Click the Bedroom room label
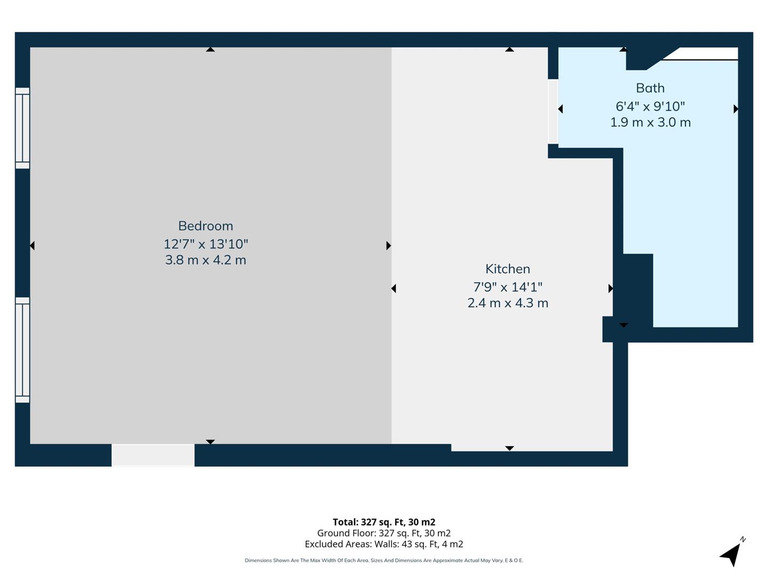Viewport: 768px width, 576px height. click(205, 226)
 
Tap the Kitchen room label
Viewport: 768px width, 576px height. click(507, 269)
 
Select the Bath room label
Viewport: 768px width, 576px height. click(650, 88)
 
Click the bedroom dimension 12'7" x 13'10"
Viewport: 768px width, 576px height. click(205, 244)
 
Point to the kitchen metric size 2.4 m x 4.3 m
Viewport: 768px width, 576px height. click(507, 303)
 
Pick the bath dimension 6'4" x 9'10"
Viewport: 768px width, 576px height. click(650, 106)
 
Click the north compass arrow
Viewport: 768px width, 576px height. click(732, 554)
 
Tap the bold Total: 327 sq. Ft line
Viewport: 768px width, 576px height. click(384, 522)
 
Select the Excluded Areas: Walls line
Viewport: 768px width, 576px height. click(384, 544)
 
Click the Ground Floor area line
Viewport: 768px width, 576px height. click(384, 533)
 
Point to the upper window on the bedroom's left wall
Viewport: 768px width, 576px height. click(22, 128)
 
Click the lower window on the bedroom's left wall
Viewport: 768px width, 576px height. click(22, 350)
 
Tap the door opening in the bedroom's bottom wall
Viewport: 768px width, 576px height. click(153, 455)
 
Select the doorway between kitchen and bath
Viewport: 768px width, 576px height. click(553, 111)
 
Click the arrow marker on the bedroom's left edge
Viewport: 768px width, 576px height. click(33, 245)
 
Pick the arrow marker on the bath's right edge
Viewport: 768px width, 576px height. click(735, 109)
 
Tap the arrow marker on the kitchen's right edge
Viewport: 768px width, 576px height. click(610, 289)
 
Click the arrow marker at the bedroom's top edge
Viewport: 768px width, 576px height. click(210, 50)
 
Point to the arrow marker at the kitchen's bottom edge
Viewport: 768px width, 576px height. click(509, 448)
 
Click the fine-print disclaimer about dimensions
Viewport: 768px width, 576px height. click(384, 561)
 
